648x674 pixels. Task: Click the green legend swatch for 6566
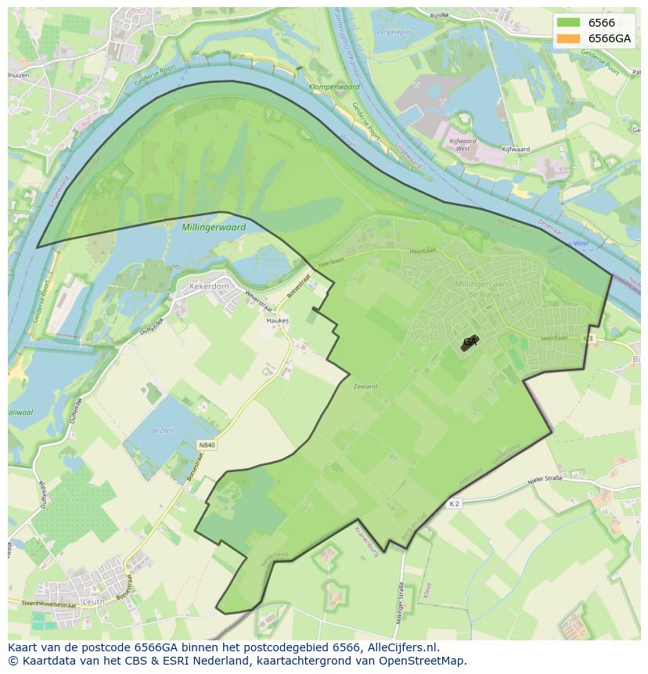pyautogui.click(x=568, y=23)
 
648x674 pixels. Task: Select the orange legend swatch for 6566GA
pyautogui.click(x=568, y=38)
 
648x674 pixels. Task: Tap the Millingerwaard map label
pyautogui.click(x=213, y=227)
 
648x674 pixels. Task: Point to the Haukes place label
pyautogui.click(x=277, y=320)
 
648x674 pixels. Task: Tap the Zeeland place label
pyautogui.click(x=365, y=387)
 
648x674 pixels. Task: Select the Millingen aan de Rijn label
pyautogui.click(x=477, y=287)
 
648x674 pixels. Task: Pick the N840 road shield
pyautogui.click(x=207, y=445)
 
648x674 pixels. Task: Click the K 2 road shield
pyautogui.click(x=455, y=503)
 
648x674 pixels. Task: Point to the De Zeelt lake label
pyautogui.click(x=161, y=431)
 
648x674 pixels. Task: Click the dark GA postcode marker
pyautogui.click(x=470, y=342)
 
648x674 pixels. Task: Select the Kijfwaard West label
pyautogui.click(x=463, y=144)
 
